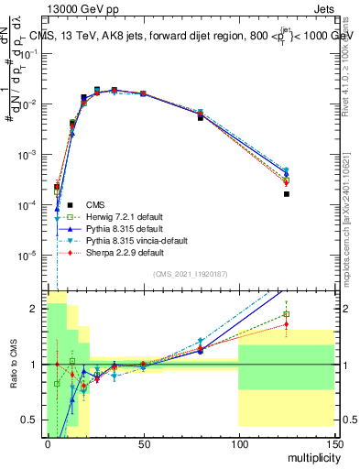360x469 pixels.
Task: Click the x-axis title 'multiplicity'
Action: [x=311, y=456]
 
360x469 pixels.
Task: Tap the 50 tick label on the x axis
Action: [x=143, y=443]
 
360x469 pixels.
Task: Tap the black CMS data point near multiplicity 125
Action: [x=287, y=194]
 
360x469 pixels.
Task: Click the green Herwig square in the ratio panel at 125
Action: [x=287, y=314]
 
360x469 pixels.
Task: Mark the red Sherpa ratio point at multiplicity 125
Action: [x=287, y=323]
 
